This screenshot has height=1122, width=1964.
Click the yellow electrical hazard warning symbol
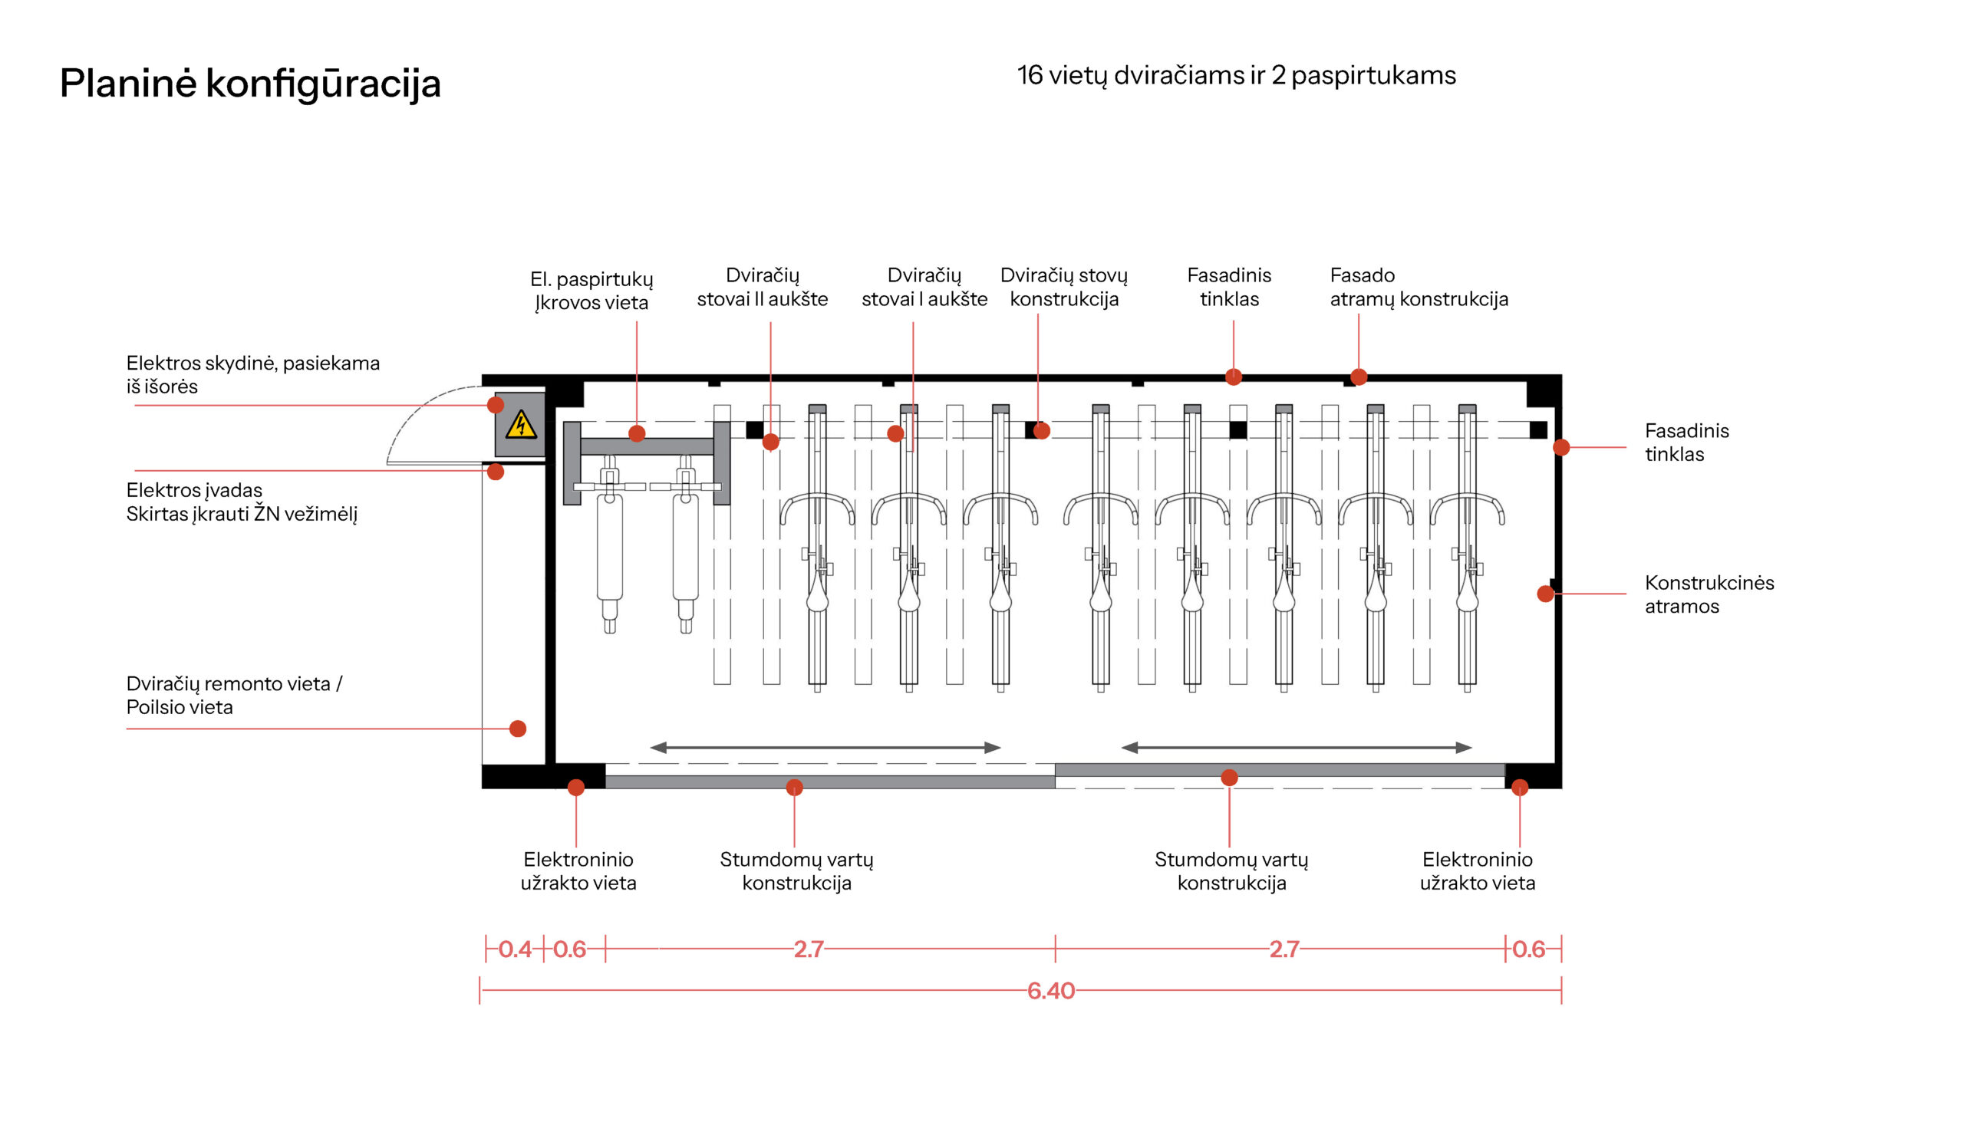pyautogui.click(x=521, y=425)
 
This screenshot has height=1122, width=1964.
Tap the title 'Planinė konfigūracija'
pyautogui.click(x=251, y=84)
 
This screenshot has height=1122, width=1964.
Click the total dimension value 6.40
pyautogui.click(x=1050, y=990)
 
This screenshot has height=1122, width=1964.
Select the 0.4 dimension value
pyautogui.click(x=515, y=949)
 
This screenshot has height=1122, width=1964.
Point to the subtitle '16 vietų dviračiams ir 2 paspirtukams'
pyautogui.click(x=1237, y=75)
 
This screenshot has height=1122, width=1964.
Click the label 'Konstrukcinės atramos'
pyautogui.click(x=1709, y=594)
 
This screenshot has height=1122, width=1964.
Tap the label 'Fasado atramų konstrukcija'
pyautogui.click(x=1419, y=287)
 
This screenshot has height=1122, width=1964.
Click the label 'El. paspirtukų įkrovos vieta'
pyautogui.click(x=592, y=291)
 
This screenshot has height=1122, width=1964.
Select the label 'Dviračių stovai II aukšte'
pyautogui.click(x=763, y=287)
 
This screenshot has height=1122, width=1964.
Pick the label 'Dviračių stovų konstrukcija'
pyautogui.click(x=1063, y=287)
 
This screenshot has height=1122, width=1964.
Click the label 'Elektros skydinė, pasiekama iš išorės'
pyautogui.click(x=253, y=374)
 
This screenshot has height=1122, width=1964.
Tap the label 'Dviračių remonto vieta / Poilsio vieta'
pyautogui.click(x=233, y=695)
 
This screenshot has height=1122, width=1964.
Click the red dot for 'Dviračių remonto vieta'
pyautogui.click(x=518, y=729)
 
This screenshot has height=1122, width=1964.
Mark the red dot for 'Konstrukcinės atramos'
pyautogui.click(x=1545, y=594)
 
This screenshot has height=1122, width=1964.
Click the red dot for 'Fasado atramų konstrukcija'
pyautogui.click(x=1359, y=377)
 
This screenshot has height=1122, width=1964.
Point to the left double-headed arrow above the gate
pyautogui.click(x=825, y=748)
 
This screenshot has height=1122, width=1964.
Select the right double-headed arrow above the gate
pyautogui.click(x=1297, y=748)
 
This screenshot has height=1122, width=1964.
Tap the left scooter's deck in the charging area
pyautogui.click(x=610, y=547)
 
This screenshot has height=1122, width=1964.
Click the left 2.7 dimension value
pyautogui.click(x=809, y=949)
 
